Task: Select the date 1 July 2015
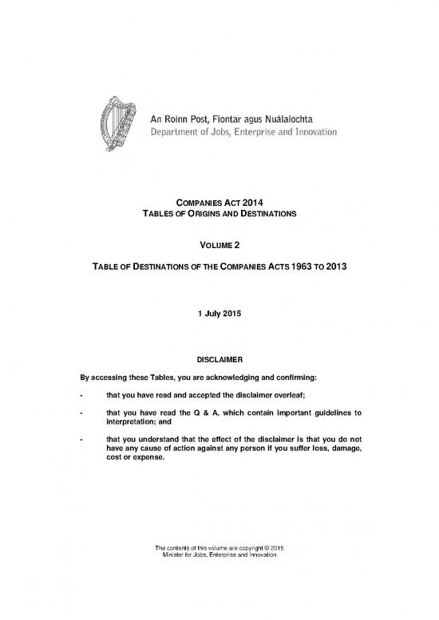[x=219, y=314]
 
